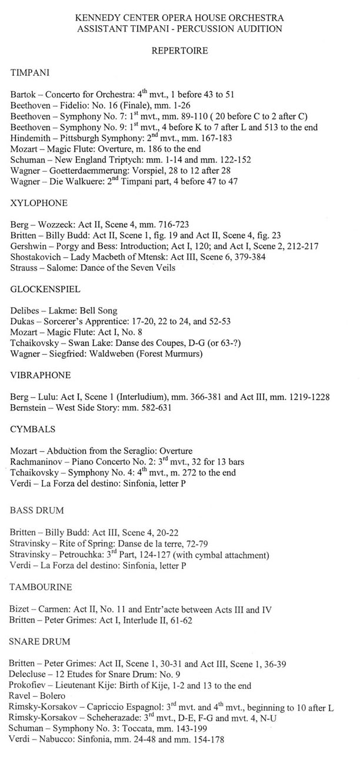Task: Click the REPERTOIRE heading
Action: (x=179, y=51)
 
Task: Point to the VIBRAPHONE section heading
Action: (x=41, y=375)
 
